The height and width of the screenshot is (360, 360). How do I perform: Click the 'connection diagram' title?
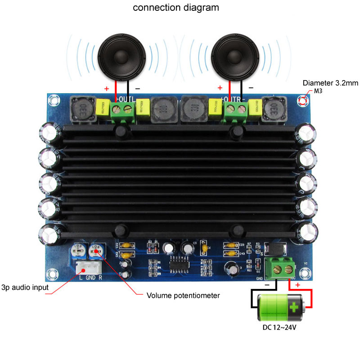176,8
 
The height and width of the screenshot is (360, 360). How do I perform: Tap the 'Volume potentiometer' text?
183,296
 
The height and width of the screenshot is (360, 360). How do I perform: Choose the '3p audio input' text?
24,287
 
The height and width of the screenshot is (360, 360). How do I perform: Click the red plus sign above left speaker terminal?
107,89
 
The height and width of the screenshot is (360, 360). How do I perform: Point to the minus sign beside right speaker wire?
251,88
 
